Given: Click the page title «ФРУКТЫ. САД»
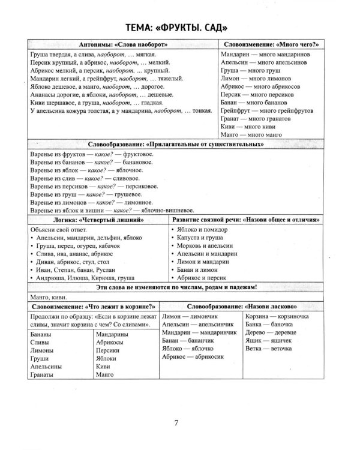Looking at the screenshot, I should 179,29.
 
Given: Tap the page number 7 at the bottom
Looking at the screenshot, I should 176,423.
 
